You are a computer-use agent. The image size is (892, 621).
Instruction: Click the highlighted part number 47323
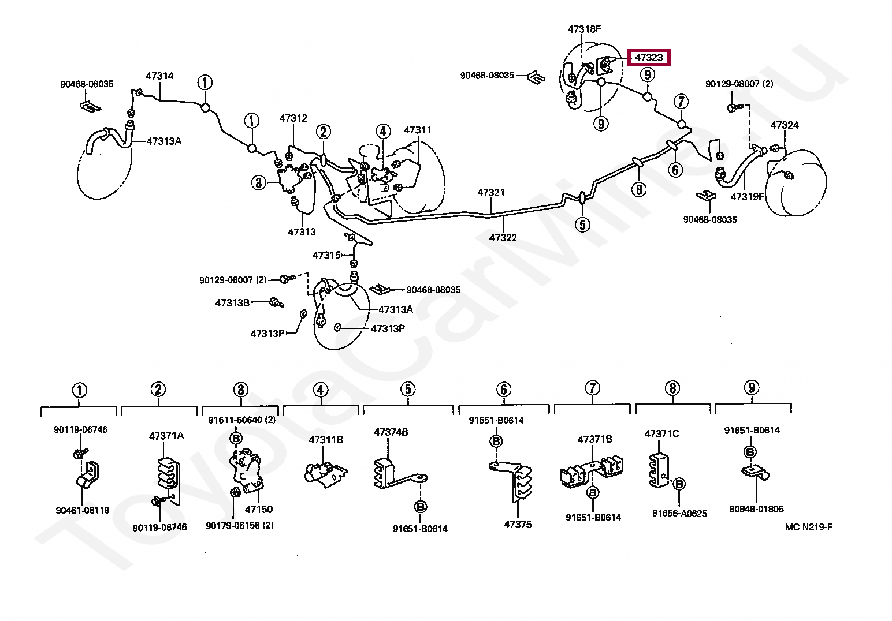point(649,58)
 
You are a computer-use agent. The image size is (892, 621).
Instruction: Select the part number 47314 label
point(159,76)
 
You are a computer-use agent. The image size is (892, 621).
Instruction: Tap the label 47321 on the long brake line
point(490,192)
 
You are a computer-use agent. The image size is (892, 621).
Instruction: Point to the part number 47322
point(503,237)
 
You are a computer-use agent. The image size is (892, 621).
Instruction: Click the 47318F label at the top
point(584,29)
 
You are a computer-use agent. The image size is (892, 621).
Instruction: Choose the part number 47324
point(785,125)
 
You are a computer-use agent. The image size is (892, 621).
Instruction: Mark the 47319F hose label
point(747,196)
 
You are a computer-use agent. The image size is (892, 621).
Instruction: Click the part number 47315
point(326,255)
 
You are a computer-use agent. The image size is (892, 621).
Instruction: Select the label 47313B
point(232,302)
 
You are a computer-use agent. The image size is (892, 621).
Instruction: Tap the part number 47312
point(293,118)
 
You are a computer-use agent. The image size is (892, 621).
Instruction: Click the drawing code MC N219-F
point(809,526)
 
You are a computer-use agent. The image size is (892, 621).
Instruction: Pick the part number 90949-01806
point(756,509)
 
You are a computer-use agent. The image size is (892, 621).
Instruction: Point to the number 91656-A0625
point(679,513)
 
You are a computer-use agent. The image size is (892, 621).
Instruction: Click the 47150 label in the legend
point(259,509)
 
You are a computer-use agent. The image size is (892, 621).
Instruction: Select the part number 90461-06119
point(83,510)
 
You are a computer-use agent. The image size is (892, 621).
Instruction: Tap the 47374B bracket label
point(391,432)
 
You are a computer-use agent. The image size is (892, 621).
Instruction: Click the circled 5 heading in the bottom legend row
point(408,389)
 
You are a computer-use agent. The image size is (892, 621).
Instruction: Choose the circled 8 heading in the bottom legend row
point(672,388)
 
